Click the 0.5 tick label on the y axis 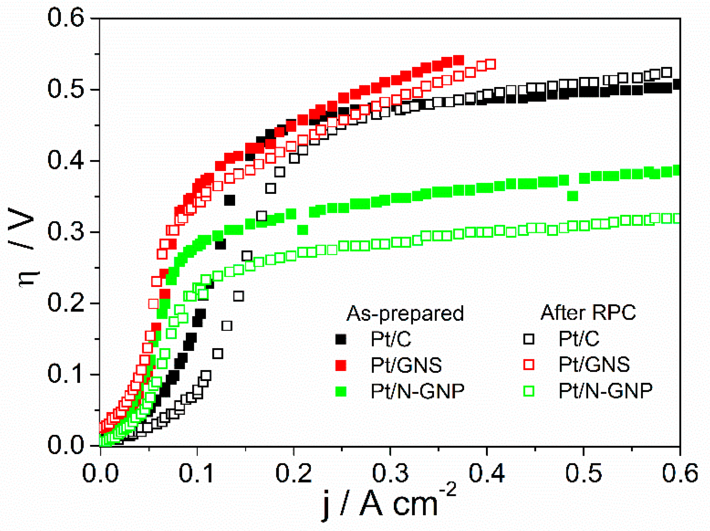(65, 89)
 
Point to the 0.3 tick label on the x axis (390, 473)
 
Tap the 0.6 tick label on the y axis (65, 18)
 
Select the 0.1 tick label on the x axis (197, 473)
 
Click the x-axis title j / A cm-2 (388, 502)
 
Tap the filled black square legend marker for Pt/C (341, 339)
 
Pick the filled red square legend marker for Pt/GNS (341, 365)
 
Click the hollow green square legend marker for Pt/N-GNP (529, 391)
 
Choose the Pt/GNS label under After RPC (594, 365)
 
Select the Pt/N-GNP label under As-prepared (417, 391)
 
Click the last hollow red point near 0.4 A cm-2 (490, 64)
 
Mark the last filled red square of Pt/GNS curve (458, 60)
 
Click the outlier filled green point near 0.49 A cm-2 (573, 196)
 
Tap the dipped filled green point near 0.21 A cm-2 (303, 230)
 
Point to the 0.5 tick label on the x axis (583, 473)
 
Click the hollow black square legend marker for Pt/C (529, 339)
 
